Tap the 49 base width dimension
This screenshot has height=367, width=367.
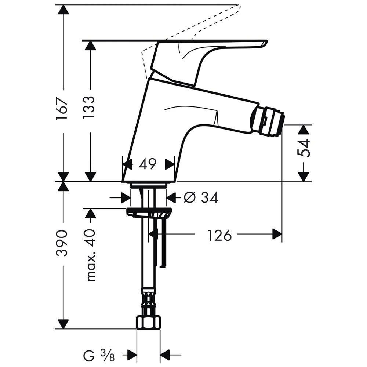coord(148,164)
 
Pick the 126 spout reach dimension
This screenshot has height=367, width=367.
coord(219,235)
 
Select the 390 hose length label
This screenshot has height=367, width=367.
coord(63,243)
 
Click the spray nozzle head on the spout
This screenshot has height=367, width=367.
coord(267,121)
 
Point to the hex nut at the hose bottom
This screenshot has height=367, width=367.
coord(148,322)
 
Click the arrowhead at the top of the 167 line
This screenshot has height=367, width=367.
coord(63,10)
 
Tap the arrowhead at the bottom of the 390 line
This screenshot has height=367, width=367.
coord(63,324)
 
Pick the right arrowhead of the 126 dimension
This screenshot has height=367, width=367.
coord(277,234)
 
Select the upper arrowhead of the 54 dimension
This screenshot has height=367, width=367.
coord(303,130)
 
